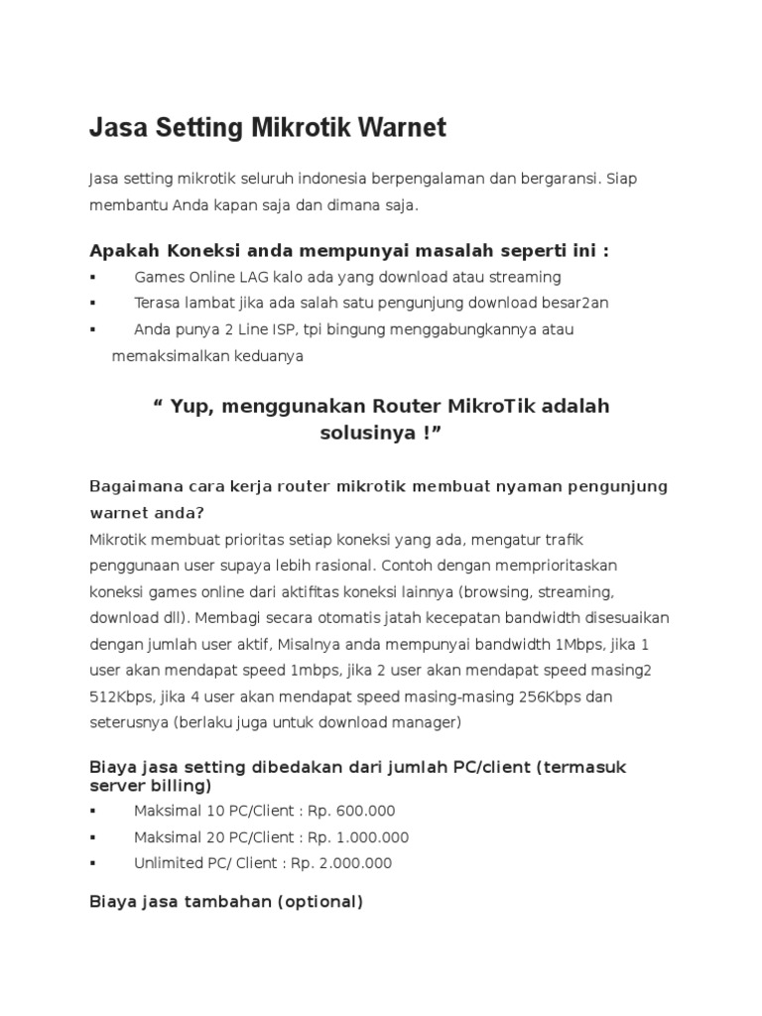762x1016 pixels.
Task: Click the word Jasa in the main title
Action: point(116,128)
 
